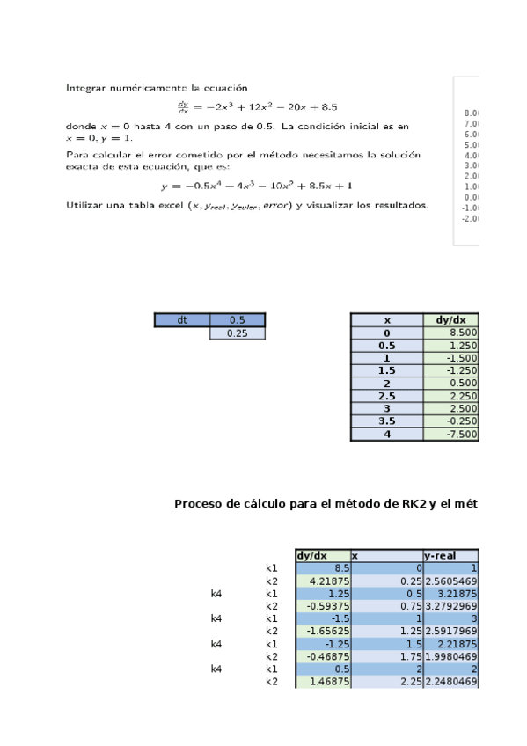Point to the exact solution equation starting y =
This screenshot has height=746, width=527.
tap(257, 186)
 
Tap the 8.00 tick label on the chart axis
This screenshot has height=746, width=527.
tap(471, 113)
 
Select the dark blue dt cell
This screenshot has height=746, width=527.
tap(182, 320)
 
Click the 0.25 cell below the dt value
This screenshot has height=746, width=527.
tap(237, 333)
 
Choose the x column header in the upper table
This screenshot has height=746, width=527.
tap(386, 321)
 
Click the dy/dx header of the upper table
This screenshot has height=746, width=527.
tap(451, 321)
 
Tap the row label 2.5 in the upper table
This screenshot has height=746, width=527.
tap(386, 397)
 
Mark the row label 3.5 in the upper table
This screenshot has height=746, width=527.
tap(386, 421)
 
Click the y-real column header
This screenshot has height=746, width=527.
tap(439, 556)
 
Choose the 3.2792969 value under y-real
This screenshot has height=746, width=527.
tap(451, 606)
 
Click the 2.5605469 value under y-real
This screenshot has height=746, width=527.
tap(451, 581)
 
